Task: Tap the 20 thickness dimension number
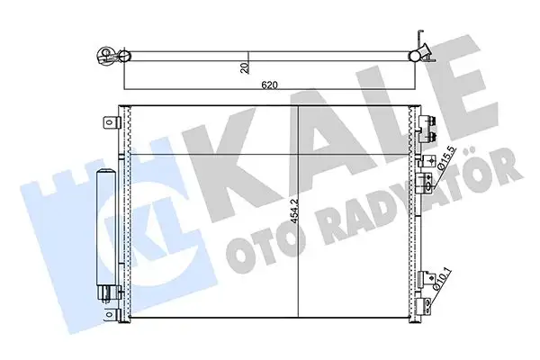point(244,68)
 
